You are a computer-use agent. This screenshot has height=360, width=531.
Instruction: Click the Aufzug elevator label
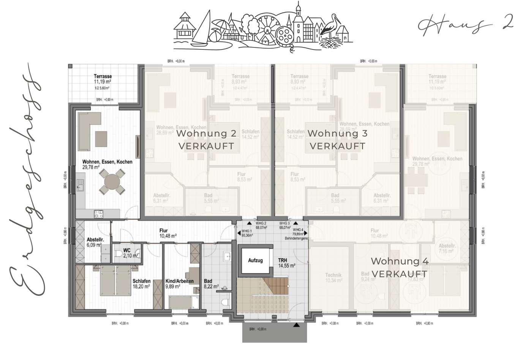(255, 260)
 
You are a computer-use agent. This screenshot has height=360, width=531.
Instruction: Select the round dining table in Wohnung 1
(110, 182)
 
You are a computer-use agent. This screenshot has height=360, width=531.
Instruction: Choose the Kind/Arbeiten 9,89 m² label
(179, 284)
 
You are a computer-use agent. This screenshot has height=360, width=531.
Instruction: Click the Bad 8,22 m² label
(211, 284)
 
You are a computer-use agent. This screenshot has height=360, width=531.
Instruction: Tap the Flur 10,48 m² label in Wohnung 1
(167, 233)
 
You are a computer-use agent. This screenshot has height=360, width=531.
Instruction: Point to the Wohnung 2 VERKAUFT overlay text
(206, 140)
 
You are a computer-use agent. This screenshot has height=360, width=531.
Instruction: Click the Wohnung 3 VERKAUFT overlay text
(337, 140)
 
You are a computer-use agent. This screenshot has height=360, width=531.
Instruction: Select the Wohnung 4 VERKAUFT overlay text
(400, 267)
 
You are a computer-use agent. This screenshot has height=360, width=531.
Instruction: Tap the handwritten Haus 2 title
(465, 24)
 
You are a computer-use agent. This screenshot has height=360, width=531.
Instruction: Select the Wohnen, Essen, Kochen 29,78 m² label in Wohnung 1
(107, 164)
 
